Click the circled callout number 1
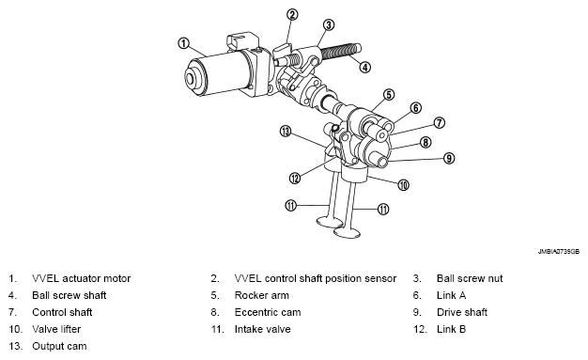[x=183, y=43]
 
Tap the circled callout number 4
[x=364, y=67]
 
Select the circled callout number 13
[x=286, y=132]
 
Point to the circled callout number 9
[x=449, y=158]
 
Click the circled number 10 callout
[x=403, y=184]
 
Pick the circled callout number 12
[x=295, y=178]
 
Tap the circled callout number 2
[x=292, y=15]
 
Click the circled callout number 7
[x=440, y=123]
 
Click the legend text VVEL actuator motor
[x=82, y=278]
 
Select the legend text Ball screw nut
[x=470, y=278]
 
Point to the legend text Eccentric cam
[x=268, y=312]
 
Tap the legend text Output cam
[x=59, y=346]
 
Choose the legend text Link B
[x=451, y=329]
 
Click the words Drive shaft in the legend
[x=462, y=312]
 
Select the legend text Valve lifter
[x=56, y=329]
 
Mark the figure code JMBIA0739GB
[x=559, y=252]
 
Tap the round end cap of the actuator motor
[x=195, y=78]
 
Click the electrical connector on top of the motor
[x=242, y=41]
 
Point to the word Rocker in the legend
[x=249, y=295]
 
